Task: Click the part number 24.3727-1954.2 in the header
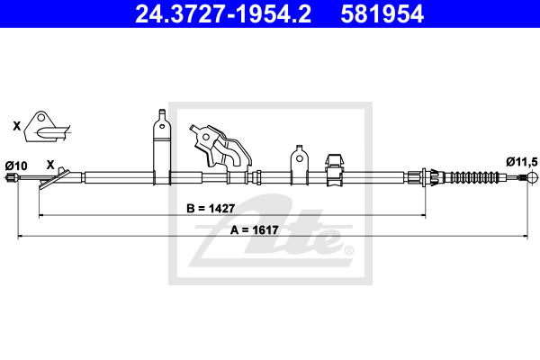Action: pos(223,14)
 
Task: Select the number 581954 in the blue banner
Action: pos(382,14)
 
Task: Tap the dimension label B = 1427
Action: pos(211,209)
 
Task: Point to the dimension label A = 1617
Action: pos(254,229)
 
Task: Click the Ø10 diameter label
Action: pos(16,166)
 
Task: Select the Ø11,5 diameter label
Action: pos(521,162)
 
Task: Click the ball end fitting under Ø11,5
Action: pos(533,178)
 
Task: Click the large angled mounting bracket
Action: pos(220,146)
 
